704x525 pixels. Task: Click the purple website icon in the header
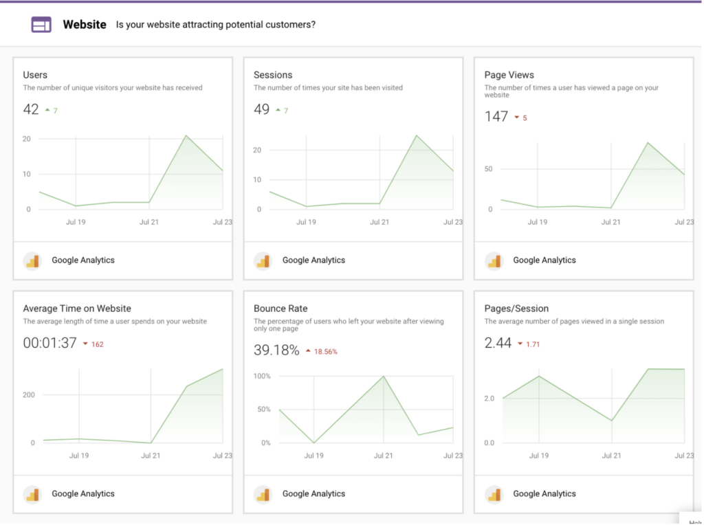coord(41,25)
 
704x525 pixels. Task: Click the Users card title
coord(35,75)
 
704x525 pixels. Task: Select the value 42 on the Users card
coord(31,109)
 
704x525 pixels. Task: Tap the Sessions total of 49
coord(261,109)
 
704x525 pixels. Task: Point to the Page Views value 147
coord(496,117)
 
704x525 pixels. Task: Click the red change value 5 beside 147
coord(525,118)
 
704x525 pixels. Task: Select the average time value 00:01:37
coord(49,343)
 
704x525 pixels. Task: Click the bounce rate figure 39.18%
coord(276,350)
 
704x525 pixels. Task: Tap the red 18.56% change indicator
coord(325,352)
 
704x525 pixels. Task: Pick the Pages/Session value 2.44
coord(498,343)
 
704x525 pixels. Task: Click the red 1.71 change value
coord(532,344)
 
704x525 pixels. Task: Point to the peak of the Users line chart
coord(186,135)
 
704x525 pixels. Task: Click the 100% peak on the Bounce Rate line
coord(383,377)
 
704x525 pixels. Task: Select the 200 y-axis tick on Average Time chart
coord(28,394)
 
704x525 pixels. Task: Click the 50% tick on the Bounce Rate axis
coord(264,410)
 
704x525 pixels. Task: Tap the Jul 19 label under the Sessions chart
coord(306,222)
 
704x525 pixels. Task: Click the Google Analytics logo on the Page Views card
coord(494,260)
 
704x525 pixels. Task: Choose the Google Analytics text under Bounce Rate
coord(313,493)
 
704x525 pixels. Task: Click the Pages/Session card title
coord(516,309)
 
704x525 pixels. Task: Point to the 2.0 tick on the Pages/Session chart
coord(489,399)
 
